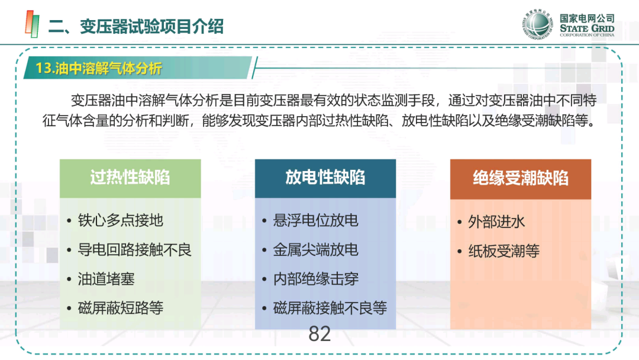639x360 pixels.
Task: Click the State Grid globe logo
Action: pos(538,24)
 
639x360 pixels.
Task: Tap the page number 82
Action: pos(319,334)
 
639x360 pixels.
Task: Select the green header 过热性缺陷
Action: pos(130,178)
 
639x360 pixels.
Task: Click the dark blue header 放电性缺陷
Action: pos(325,178)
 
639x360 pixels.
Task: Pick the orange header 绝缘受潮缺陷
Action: pos(521,179)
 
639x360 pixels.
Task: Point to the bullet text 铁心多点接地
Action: pos(121,221)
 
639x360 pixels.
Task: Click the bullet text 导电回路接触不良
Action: pos(134,250)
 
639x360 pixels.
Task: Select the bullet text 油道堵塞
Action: pos(106,279)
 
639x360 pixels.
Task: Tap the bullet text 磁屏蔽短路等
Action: pos(121,308)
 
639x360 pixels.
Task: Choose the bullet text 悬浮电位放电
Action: pos(316,221)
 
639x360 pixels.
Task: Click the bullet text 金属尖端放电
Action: pos(316,250)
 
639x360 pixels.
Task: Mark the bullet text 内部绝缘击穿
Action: pos(316,279)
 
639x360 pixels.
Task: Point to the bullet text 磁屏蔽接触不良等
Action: pos(330,308)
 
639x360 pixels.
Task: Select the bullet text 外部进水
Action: pos(496,222)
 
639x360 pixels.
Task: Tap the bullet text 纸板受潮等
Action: pos(504,251)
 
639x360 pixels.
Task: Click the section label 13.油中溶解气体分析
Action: pos(99,68)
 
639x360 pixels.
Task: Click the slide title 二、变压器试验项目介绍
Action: pos(135,27)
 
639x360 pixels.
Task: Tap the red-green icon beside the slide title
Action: pos(32,24)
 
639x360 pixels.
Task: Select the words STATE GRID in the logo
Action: pos(587,28)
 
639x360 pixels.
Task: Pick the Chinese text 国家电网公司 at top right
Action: pos(587,18)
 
